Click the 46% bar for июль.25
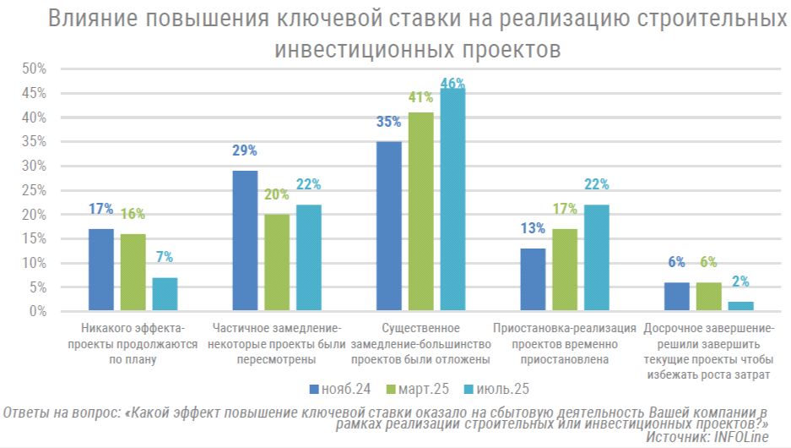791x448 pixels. [x=452, y=199]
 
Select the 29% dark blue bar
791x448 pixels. [x=245, y=241]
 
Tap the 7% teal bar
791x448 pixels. [x=165, y=294]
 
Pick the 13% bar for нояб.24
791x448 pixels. [x=533, y=280]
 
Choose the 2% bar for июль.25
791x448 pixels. [x=740, y=306]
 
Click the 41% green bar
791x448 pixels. [x=420, y=211]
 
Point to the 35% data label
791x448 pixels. [x=388, y=122]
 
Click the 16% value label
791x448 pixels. [x=133, y=214]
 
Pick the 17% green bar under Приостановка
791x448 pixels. [x=564, y=270]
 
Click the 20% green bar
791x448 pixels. [x=277, y=263]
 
